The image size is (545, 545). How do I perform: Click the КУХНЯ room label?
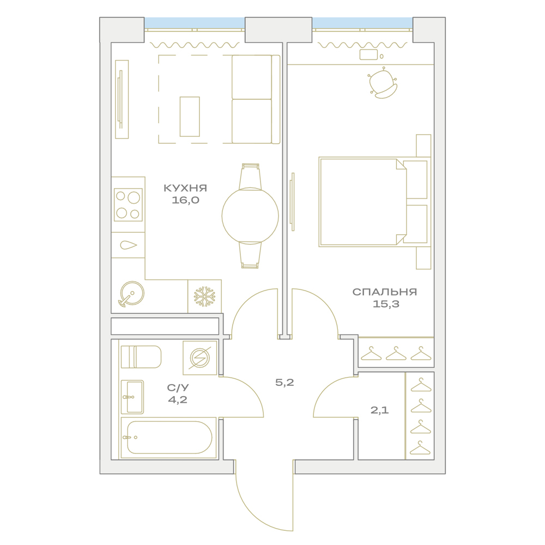tap(185, 188)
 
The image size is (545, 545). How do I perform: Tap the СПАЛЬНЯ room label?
tap(384, 292)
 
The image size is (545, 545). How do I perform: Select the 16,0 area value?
tap(185, 200)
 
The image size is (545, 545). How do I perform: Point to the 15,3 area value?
tap(386, 304)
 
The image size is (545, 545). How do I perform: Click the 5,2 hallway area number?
tap(284, 383)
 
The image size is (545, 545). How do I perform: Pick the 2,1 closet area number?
tap(379, 410)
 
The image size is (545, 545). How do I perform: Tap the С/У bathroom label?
tap(178, 387)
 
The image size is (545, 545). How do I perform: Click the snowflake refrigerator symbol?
tap(204, 296)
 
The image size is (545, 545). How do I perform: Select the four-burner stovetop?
tap(128, 205)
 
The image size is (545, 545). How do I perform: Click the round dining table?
tap(250, 216)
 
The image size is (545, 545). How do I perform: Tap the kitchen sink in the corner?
tap(131, 294)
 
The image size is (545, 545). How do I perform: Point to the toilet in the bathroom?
tap(141, 356)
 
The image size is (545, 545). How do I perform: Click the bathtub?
tap(168, 438)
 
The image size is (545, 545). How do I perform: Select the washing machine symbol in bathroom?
tap(200, 358)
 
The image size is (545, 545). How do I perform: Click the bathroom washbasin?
tap(132, 397)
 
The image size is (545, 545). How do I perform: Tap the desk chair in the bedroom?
tap(383, 83)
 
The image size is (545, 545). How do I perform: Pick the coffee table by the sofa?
tap(190, 117)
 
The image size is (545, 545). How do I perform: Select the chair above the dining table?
tap(250, 177)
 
